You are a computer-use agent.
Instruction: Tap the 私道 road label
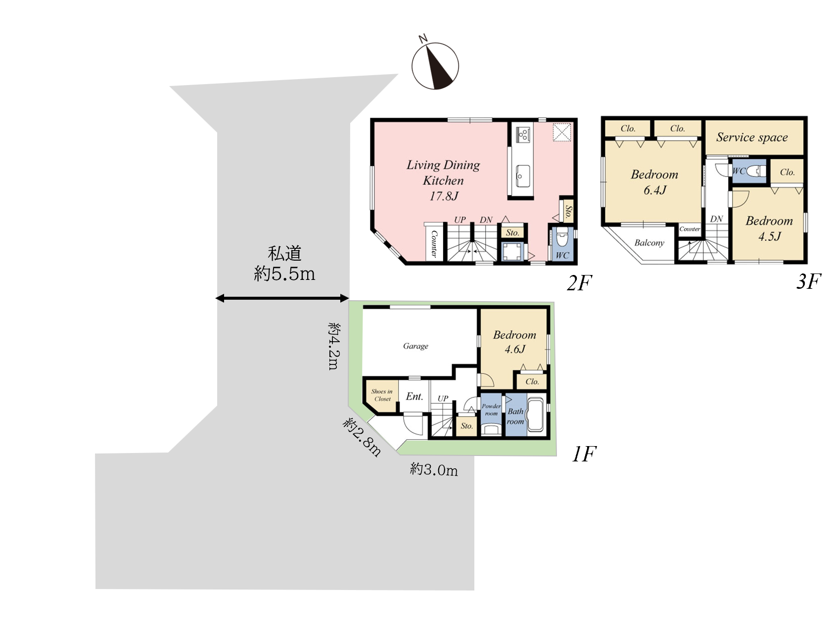(284, 253)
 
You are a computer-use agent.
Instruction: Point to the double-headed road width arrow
(282, 298)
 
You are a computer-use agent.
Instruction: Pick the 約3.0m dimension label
(434, 469)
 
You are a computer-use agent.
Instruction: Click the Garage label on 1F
(415, 346)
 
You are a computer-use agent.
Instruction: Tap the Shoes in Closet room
(381, 396)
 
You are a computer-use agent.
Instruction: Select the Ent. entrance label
(414, 396)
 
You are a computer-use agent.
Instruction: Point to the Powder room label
(491, 409)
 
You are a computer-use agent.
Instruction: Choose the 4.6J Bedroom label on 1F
(514, 342)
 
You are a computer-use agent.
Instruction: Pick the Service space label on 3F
(752, 137)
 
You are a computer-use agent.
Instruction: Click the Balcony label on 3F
(649, 242)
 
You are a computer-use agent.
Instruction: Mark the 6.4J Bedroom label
(654, 182)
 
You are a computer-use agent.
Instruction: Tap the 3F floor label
(808, 281)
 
